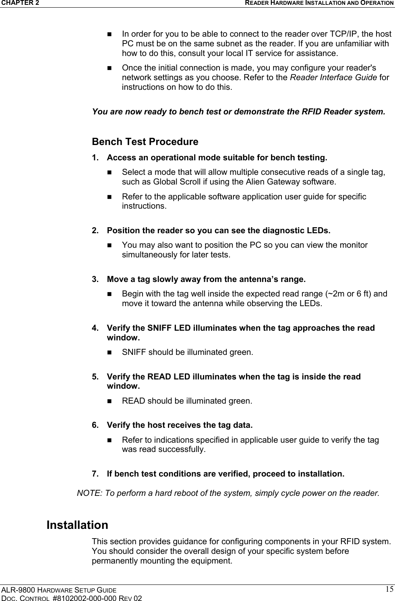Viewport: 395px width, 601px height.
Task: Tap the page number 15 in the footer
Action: pyautogui.click(x=389, y=589)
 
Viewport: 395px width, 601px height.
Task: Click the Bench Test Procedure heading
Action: pyautogui.click(x=145, y=142)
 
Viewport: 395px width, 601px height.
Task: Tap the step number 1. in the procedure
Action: pyautogui.click(x=96, y=157)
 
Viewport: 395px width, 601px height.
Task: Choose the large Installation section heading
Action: pyautogui.click(x=77, y=525)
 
